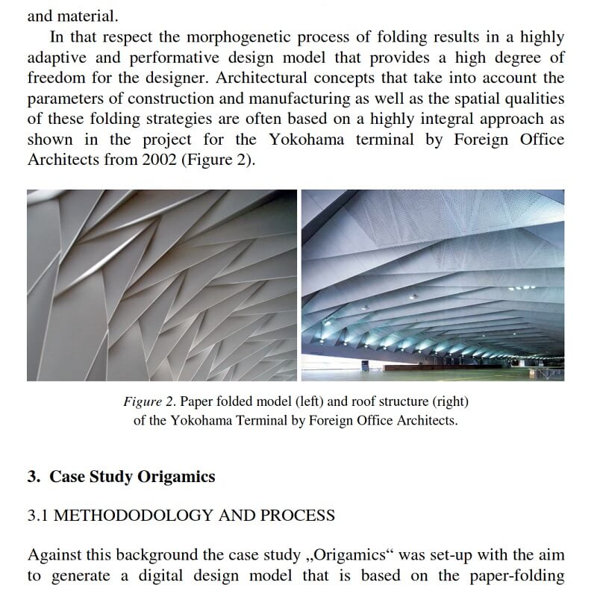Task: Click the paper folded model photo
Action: point(161,285)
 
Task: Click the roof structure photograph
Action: point(433,285)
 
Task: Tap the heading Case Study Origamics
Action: point(132,477)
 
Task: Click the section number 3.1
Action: point(38,515)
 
